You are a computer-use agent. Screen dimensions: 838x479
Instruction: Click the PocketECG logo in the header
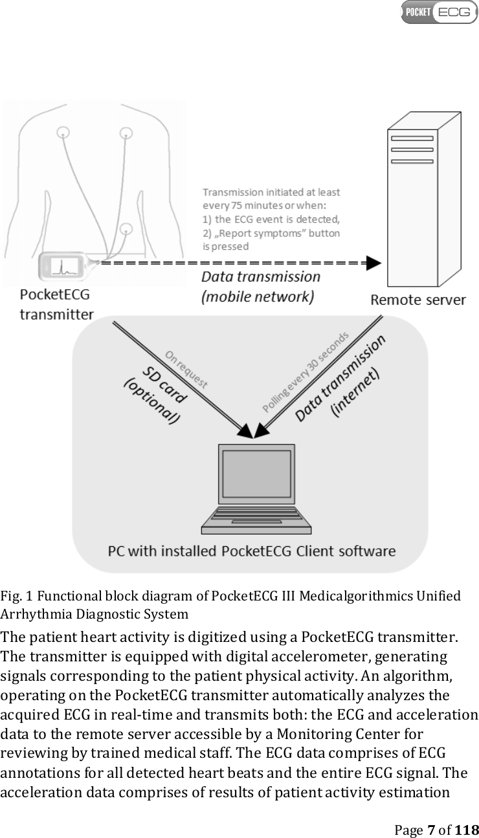click(439, 12)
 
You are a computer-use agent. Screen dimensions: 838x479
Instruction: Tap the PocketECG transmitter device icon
click(63, 266)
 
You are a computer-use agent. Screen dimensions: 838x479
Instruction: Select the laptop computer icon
click(247, 488)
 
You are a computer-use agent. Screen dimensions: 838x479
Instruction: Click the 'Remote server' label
click(418, 300)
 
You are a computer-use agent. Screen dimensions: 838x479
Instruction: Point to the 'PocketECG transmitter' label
click(56, 304)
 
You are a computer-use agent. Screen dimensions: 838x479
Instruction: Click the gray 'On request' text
click(186, 369)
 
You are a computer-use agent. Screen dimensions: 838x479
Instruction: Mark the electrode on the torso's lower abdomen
click(126, 228)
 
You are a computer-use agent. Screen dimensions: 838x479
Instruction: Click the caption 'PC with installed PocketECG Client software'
click(251, 551)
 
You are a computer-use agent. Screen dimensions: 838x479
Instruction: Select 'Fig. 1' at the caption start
click(12, 595)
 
